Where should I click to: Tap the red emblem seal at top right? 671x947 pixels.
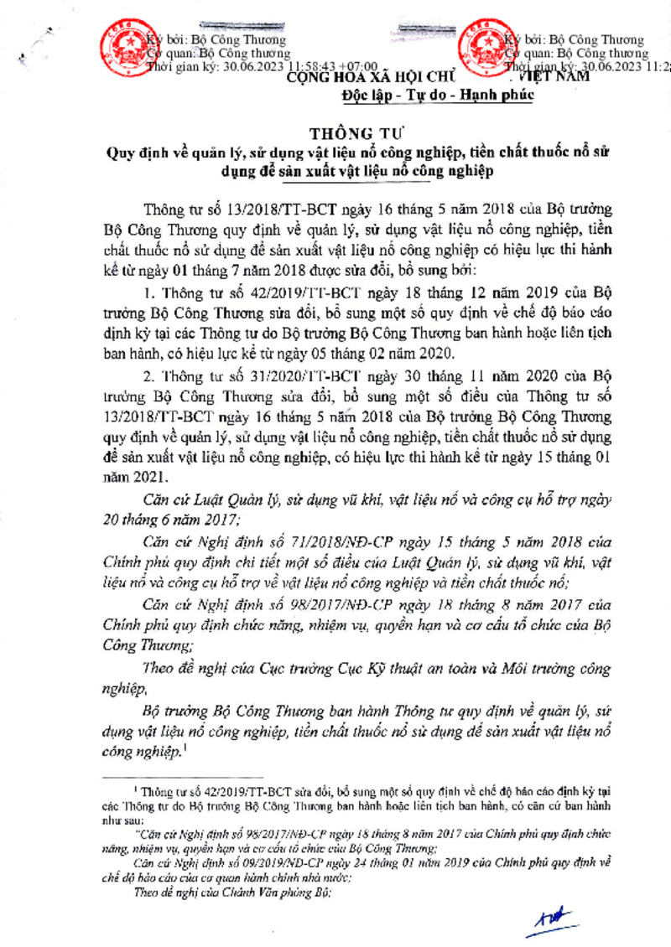(x=484, y=46)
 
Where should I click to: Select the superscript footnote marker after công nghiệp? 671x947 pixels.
(x=184, y=748)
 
